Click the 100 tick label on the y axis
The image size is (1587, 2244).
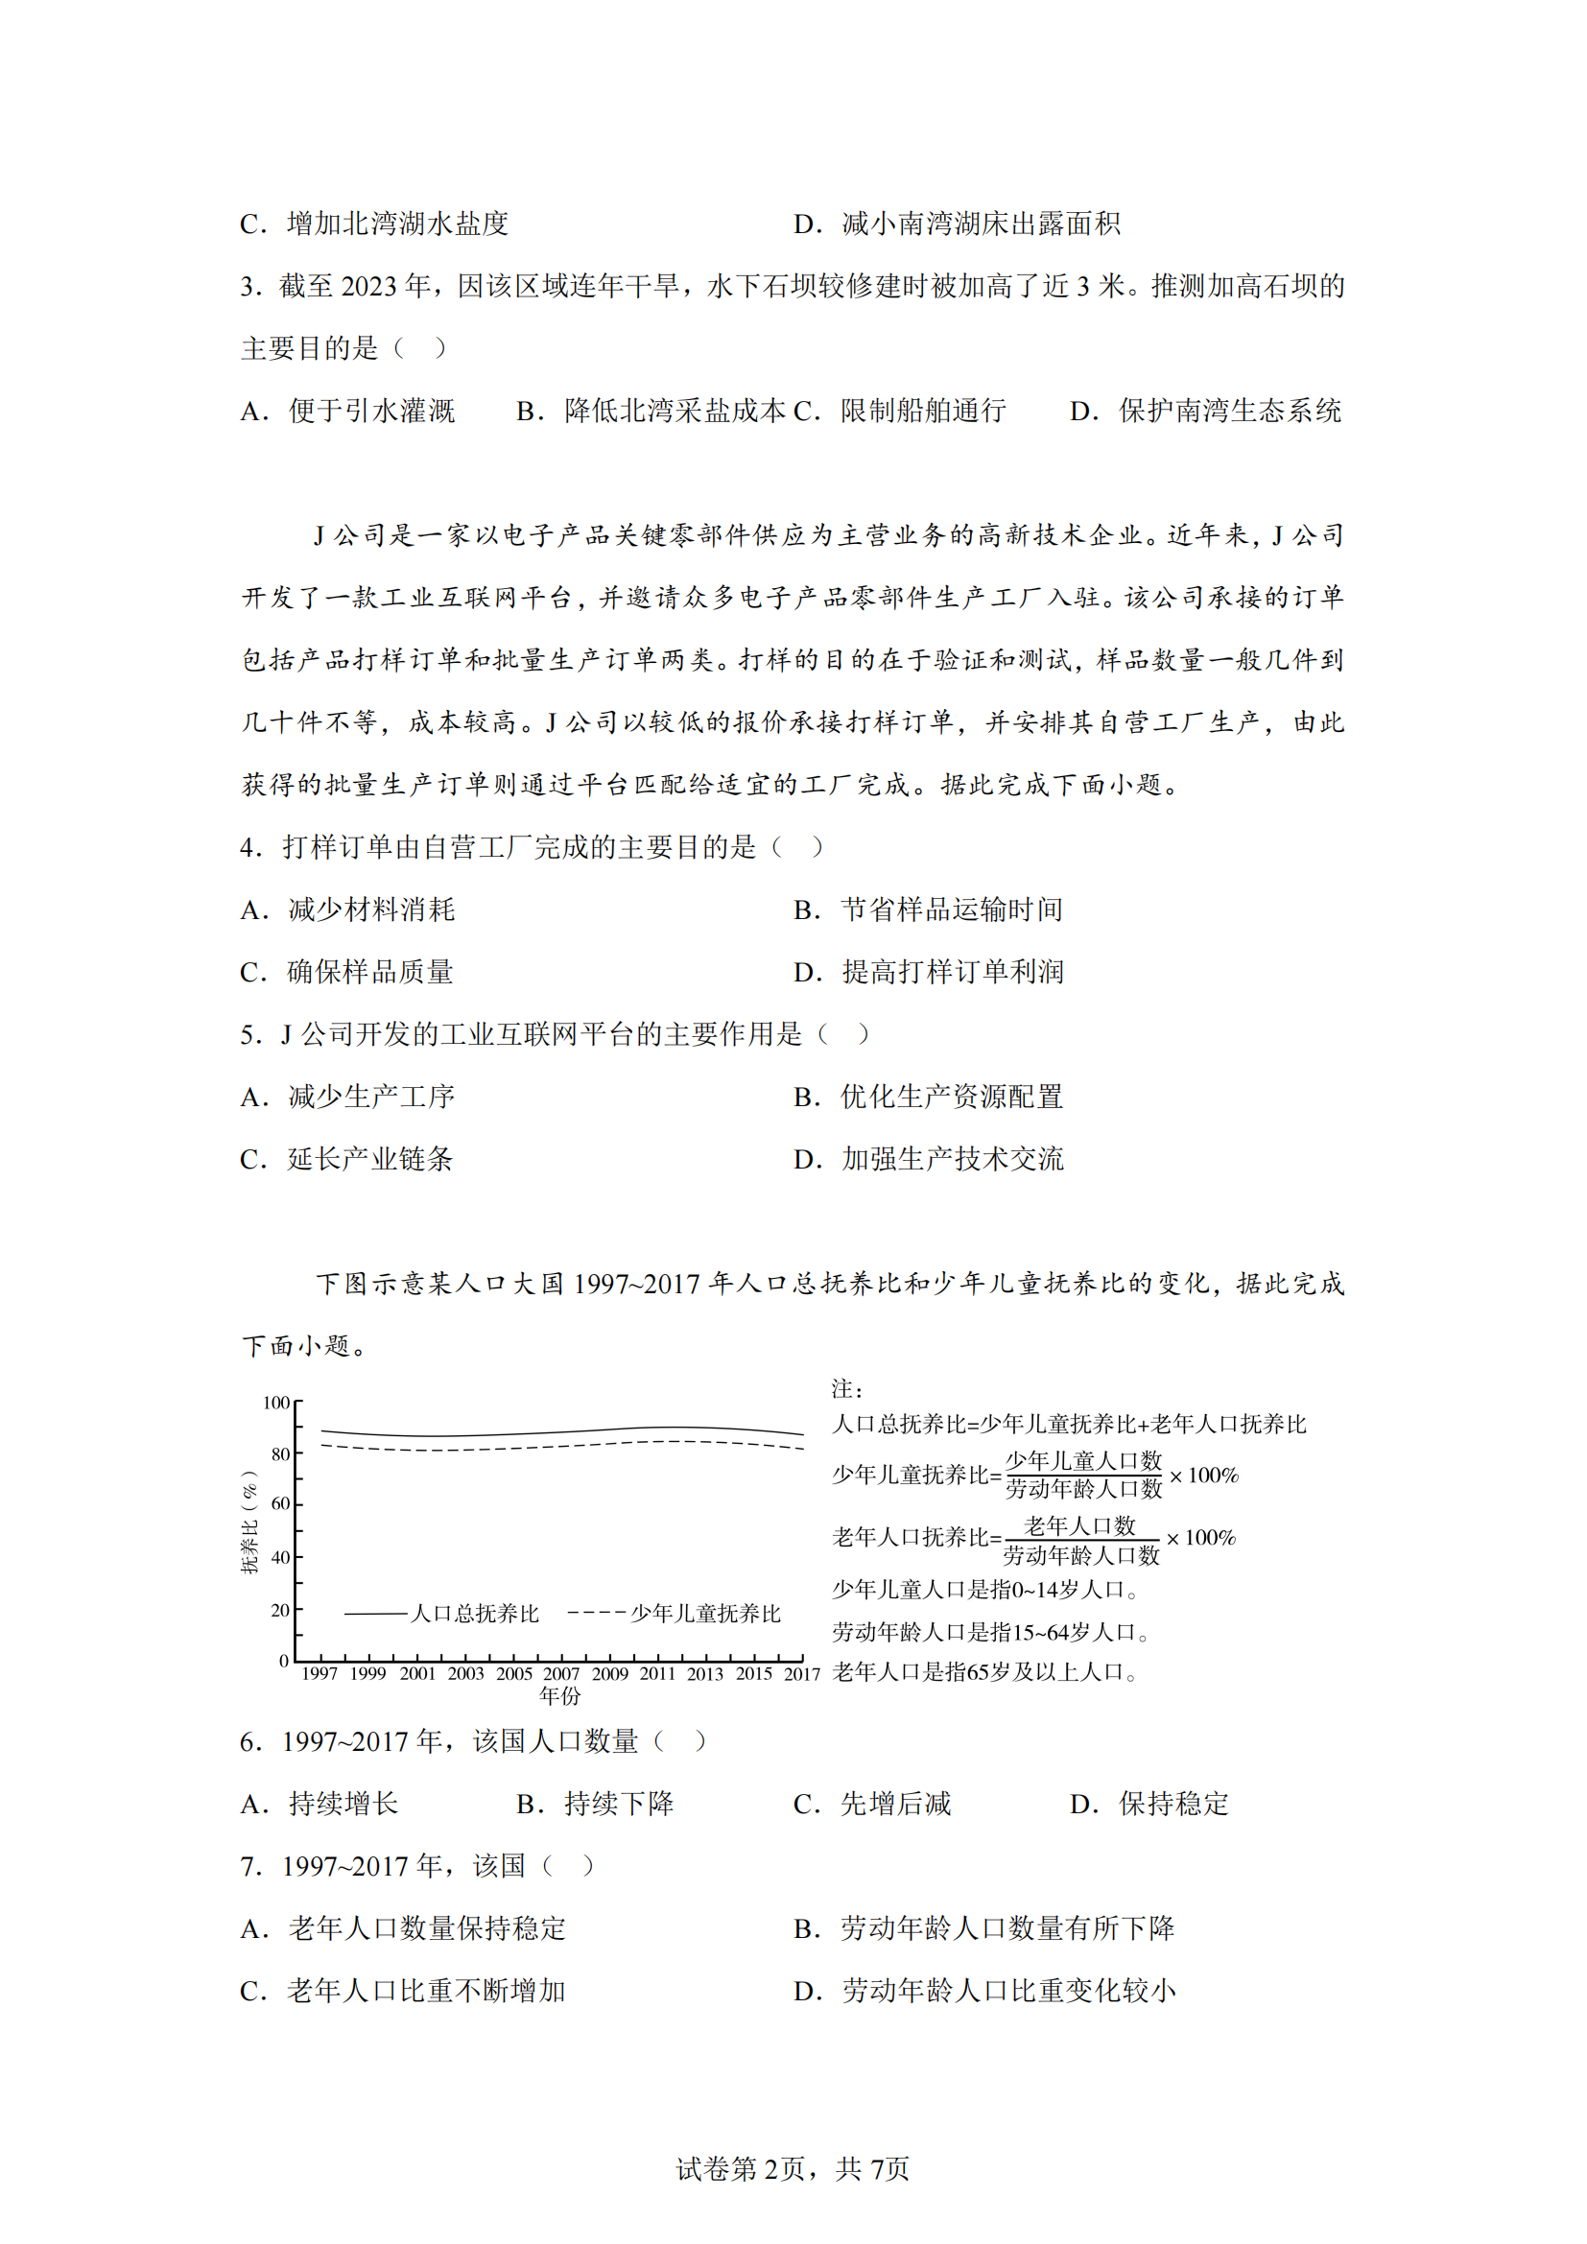click(x=275, y=1403)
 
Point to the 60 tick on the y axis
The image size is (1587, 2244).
click(x=280, y=1503)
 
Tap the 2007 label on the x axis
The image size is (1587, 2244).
click(x=561, y=1673)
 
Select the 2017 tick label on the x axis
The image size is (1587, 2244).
click(x=801, y=1673)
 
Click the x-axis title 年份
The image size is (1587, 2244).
click(x=560, y=1695)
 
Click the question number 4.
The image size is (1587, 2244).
click(x=250, y=847)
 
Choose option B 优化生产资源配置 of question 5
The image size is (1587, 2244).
click(x=928, y=1097)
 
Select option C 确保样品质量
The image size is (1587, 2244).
click(x=347, y=972)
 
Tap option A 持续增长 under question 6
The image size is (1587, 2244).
click(x=320, y=1804)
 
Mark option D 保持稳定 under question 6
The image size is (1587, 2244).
click(x=1149, y=1804)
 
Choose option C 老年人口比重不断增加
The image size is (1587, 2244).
click(x=403, y=1991)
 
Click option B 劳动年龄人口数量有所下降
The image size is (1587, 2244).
click(x=983, y=1928)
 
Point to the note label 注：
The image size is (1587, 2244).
click(x=846, y=1389)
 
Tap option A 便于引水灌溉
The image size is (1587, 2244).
click(x=348, y=411)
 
